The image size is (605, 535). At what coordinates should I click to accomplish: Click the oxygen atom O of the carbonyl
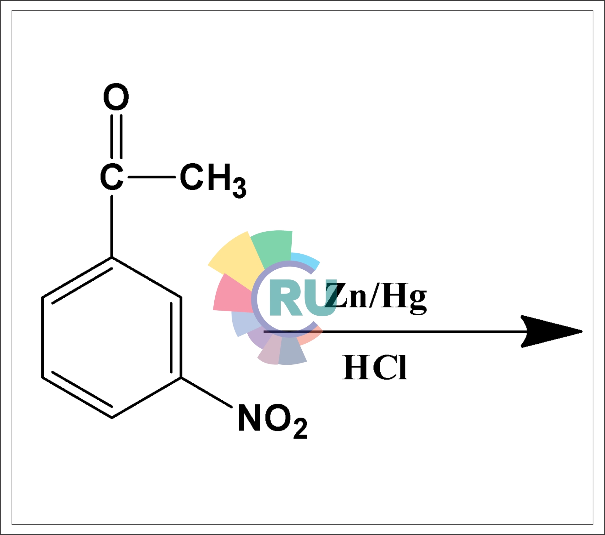[116, 97]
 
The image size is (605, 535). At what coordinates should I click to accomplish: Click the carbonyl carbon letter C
[112, 177]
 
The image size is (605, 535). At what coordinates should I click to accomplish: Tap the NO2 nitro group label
[272, 420]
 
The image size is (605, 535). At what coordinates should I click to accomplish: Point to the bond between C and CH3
[151, 177]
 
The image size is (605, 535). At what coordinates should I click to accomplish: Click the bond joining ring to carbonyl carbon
[112, 226]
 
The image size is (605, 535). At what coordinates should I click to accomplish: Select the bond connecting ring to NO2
[206, 392]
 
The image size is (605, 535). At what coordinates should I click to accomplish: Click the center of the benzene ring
[112, 337]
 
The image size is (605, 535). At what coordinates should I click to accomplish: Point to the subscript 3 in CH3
[239, 189]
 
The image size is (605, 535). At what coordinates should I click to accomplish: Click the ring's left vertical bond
[42, 337]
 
